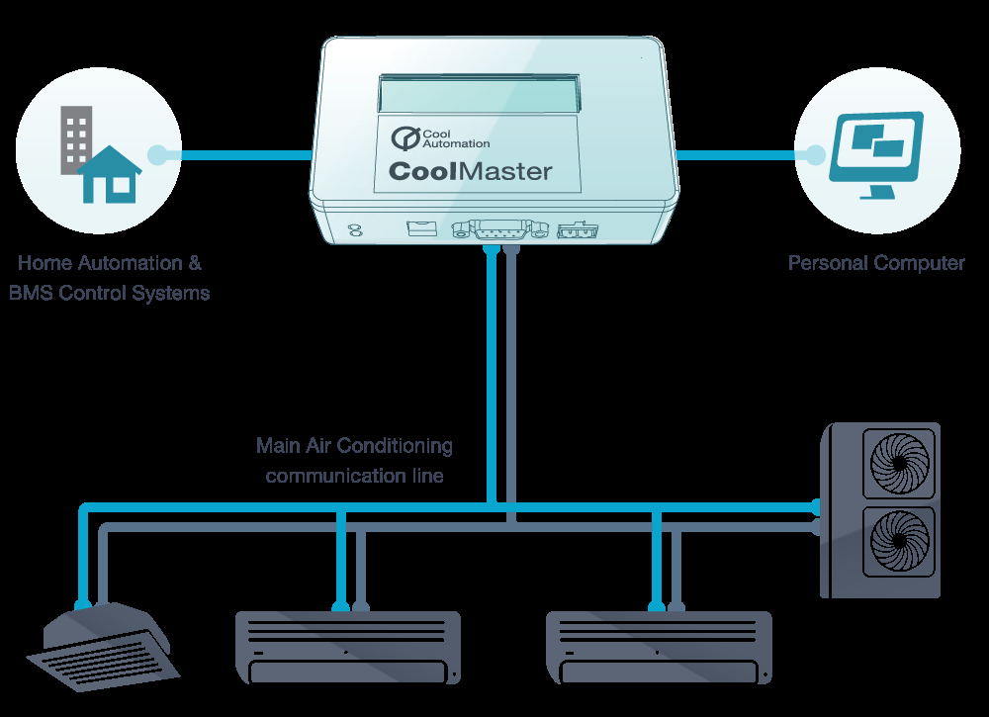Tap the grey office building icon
[76, 139]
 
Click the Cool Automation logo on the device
[440, 138]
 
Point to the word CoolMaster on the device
[471, 171]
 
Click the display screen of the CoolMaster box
[479, 95]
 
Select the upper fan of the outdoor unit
[899, 464]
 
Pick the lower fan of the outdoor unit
[899, 540]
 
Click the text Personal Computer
[876, 263]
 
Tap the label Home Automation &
[110, 262]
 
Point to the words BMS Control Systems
[109, 293]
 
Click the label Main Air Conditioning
[354, 446]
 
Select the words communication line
[354, 475]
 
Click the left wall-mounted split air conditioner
[348, 648]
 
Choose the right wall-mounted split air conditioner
[659, 648]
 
